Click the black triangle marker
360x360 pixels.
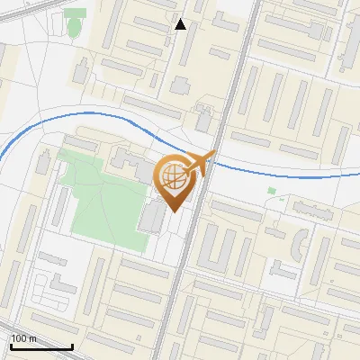point(181,24)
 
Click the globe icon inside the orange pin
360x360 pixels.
point(174,177)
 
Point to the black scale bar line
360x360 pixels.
point(41,346)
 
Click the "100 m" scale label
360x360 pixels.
point(24,338)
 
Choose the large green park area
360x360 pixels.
point(99,198)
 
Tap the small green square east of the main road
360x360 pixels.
point(272,191)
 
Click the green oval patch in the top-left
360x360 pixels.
point(74,28)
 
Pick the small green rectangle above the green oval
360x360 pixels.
point(76,13)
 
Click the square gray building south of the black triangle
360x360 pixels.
point(182,86)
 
